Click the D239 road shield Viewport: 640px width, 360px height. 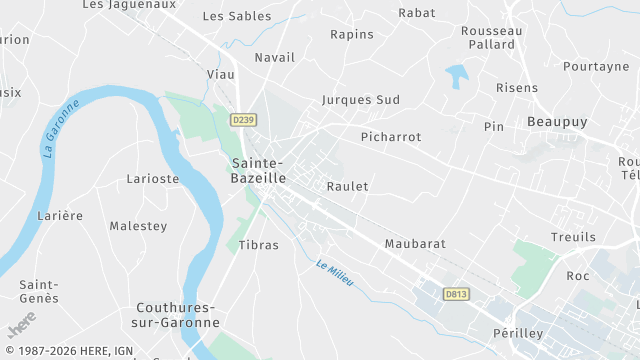[243, 120]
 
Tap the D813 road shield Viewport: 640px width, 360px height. [456, 294]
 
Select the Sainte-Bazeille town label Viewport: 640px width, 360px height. [258, 170]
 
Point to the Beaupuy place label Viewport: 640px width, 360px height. [556, 121]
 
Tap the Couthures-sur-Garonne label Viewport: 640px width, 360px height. [176, 315]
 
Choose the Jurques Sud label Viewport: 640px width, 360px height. [361, 100]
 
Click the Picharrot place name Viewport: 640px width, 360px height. [391, 136]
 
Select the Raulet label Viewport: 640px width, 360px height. [348, 186]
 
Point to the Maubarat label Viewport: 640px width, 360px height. [415, 243]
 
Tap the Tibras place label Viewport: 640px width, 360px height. [259, 244]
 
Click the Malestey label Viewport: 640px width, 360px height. [138, 226]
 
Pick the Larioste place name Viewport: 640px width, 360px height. [153, 179]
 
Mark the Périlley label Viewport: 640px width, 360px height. [518, 332]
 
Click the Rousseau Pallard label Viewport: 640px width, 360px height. [491, 38]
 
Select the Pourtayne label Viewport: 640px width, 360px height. [596, 66]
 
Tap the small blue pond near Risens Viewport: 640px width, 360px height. [457, 76]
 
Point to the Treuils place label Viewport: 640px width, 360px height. [573, 237]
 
